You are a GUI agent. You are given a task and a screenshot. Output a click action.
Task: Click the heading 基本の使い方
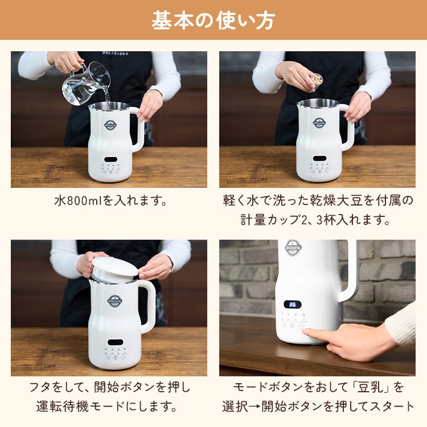(213, 20)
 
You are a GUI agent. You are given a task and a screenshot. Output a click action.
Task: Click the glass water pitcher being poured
(85, 83)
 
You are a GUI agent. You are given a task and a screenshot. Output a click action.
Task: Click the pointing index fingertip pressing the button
(308, 332)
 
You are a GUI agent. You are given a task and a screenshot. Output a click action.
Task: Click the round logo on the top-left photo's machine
(110, 124)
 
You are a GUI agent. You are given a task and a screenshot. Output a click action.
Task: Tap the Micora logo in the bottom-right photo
(293, 248)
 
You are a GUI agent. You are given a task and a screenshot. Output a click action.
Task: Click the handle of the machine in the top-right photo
(347, 128)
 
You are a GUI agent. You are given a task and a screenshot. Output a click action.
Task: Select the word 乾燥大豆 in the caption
(331, 201)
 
